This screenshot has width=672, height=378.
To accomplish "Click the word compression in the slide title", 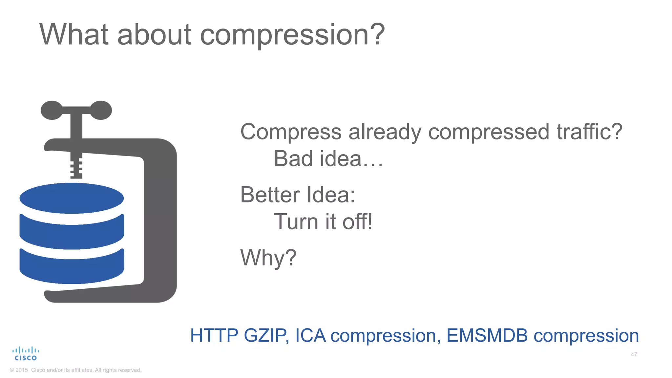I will click(x=292, y=35).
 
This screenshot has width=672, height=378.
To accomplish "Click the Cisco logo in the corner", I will click(x=26, y=354).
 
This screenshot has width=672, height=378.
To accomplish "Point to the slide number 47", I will click(x=634, y=354).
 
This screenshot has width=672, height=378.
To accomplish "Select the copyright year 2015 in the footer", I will click(x=22, y=370).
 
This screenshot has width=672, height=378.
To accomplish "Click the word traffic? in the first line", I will click(x=589, y=132).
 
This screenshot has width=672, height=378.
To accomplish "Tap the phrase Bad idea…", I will click(x=328, y=159).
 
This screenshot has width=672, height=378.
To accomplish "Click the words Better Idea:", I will click(x=298, y=195).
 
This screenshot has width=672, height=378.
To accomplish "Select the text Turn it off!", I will click(x=323, y=222).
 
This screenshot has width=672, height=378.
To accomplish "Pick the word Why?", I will click(x=268, y=258).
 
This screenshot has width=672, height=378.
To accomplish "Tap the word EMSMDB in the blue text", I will click(x=487, y=335).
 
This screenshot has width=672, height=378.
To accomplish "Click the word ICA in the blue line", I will click(x=310, y=335).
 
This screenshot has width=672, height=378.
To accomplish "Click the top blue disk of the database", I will click(x=72, y=198).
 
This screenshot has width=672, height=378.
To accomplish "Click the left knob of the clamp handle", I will click(x=52, y=110).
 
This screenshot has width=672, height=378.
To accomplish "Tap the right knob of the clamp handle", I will click(x=101, y=110).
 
